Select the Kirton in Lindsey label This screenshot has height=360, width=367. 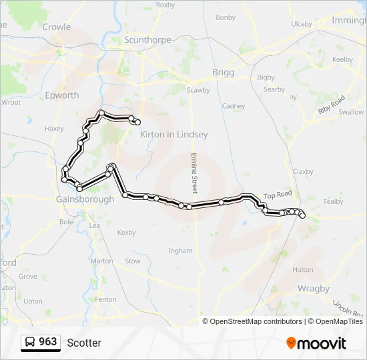pyautogui.click(x=173, y=134)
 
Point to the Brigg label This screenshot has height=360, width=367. pyautogui.click(x=223, y=72)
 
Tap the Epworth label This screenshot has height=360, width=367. pyautogui.click(x=61, y=95)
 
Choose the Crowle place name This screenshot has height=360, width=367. pyautogui.click(x=56, y=27)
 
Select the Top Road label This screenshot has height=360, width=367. pyautogui.click(x=278, y=195)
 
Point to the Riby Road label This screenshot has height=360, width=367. pyautogui.click(x=331, y=105)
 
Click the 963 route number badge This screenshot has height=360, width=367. pyautogui.click(x=48, y=342)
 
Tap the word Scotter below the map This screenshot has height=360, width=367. pyautogui.click(x=84, y=343)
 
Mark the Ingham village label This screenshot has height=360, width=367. pyautogui.click(x=180, y=251)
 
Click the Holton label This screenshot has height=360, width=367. pyautogui.click(x=302, y=270)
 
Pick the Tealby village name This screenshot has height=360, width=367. pyautogui.click(x=332, y=201)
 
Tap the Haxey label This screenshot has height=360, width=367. pyautogui.click(x=53, y=129)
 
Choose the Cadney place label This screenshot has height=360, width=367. pyautogui.click(x=234, y=106)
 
